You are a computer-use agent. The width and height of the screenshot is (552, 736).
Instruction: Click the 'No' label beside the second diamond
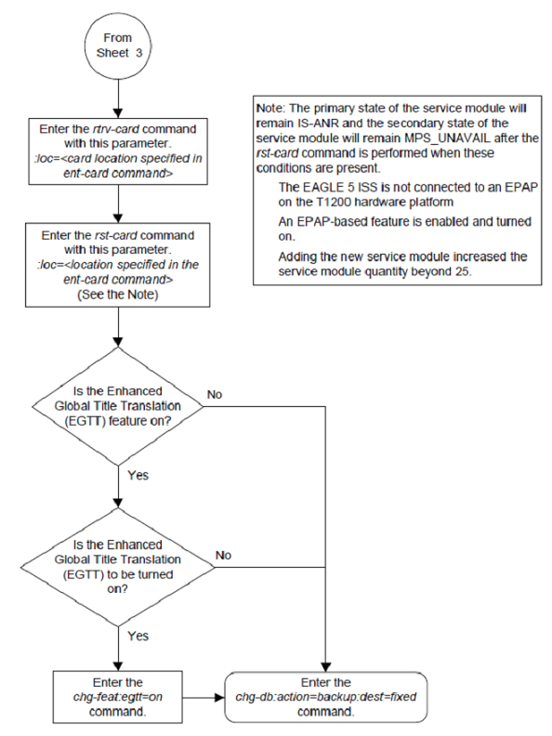coord(224,555)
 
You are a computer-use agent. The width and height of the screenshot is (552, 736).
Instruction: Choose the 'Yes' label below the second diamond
coord(137,637)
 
